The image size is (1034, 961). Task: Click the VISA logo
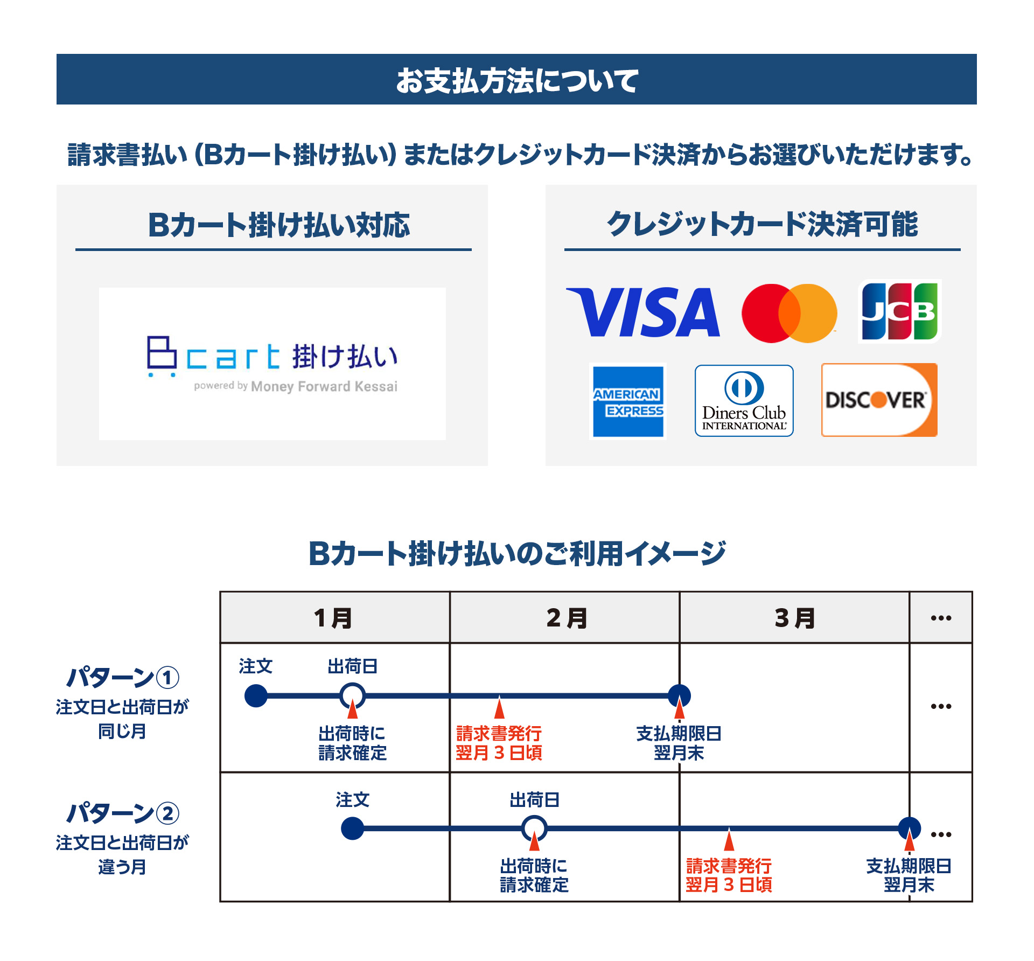[x=644, y=312]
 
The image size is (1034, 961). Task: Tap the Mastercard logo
[x=789, y=314]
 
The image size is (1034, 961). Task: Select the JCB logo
[x=899, y=311]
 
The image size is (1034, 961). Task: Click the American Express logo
[x=628, y=401]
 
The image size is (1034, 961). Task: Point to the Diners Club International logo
[x=744, y=401]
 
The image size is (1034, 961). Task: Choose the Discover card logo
[x=879, y=400]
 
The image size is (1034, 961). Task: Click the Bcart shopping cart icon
[x=162, y=356]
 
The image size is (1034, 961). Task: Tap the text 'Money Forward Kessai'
[x=324, y=386]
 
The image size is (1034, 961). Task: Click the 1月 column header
[x=334, y=618]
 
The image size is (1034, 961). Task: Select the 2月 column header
[x=565, y=618]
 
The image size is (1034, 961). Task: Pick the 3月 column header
[x=794, y=618]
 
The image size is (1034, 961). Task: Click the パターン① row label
[x=123, y=678]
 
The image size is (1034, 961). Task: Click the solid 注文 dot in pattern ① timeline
[x=256, y=695]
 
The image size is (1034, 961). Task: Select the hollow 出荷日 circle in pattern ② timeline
[x=534, y=828]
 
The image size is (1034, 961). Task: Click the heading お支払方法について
[x=516, y=80]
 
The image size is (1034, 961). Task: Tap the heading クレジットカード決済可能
[x=762, y=224]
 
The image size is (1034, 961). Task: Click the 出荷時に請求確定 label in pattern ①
[x=352, y=743]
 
